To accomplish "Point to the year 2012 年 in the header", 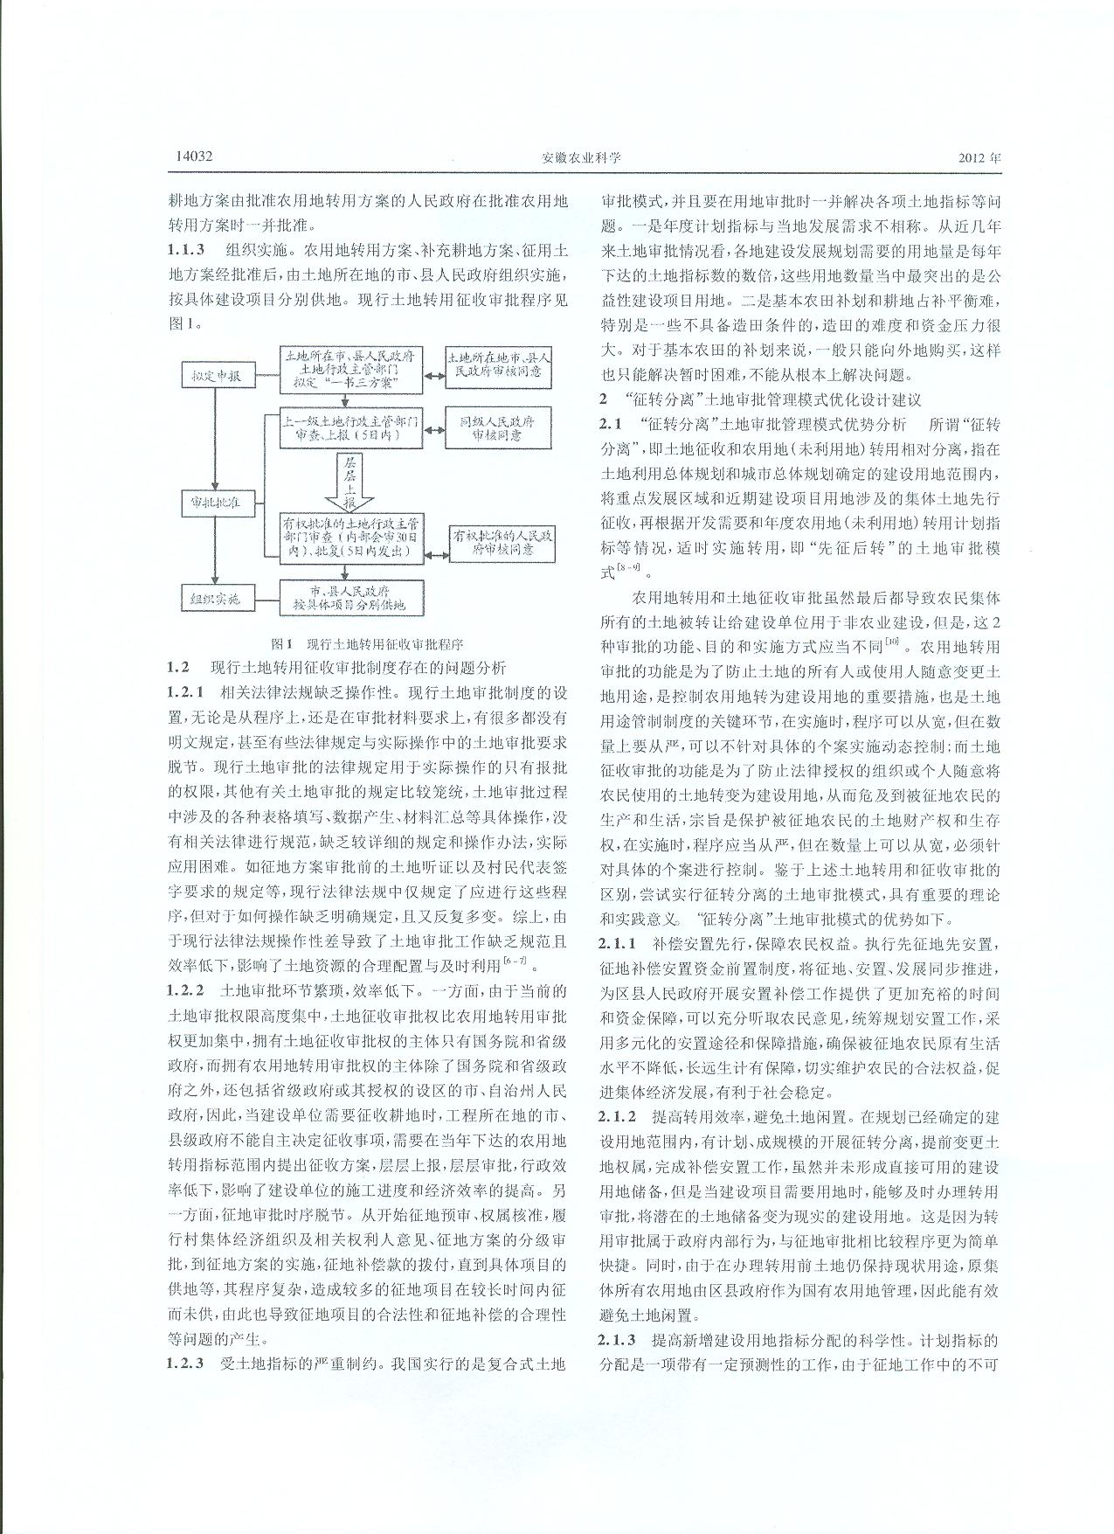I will (x=979, y=158).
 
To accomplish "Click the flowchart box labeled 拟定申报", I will (x=218, y=377).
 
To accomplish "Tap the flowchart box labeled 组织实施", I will (x=217, y=600).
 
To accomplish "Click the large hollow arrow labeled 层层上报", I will (x=349, y=482).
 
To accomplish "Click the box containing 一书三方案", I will (x=352, y=371).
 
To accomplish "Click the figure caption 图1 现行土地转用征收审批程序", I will (x=367, y=644).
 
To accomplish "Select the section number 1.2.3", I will (x=190, y=1363).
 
